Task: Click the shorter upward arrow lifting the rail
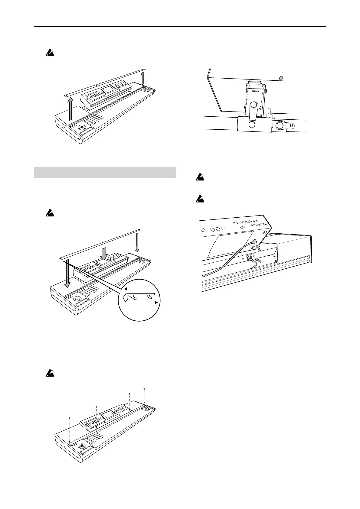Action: [x=143, y=79]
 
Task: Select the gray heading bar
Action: [x=105, y=172]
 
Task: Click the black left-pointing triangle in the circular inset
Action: [x=125, y=289]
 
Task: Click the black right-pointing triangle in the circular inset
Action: [x=156, y=302]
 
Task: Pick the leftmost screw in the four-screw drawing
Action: [x=70, y=418]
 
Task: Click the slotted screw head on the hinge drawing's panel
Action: [x=282, y=78]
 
